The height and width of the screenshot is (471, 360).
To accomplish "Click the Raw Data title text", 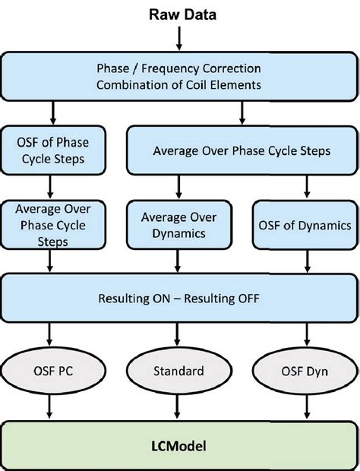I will pos(181,13).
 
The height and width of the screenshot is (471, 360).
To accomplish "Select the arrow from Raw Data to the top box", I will pos(181,37).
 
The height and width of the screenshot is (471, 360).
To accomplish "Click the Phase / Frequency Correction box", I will pos(180,76).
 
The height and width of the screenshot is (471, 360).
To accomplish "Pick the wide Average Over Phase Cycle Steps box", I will pos(242,151).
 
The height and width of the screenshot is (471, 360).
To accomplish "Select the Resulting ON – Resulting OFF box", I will pos(180,299).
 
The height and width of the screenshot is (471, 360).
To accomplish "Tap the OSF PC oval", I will pos(50,372).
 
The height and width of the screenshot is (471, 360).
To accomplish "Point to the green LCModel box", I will pos(180,442).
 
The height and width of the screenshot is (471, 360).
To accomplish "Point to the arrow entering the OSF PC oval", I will pos(50,334).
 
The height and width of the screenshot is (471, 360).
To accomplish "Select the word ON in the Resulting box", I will pos(169,299).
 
